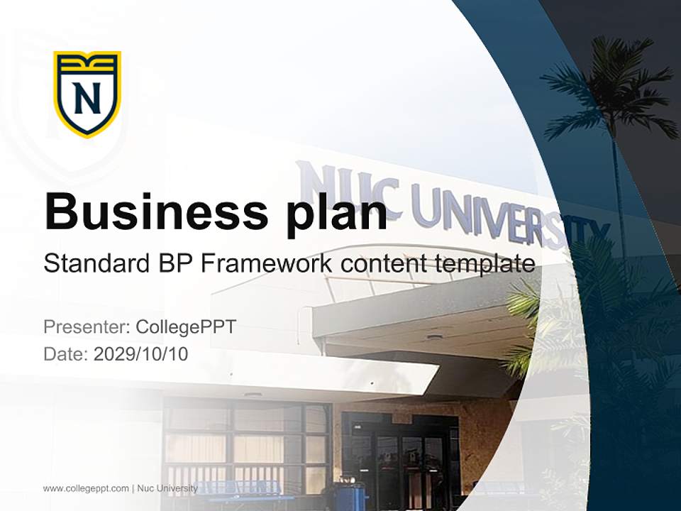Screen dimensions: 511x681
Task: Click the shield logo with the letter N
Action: coord(87,94)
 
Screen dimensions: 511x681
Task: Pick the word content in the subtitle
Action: coord(383,264)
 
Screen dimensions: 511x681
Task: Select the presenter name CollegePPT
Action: coord(185,327)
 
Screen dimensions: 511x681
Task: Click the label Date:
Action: coord(66,353)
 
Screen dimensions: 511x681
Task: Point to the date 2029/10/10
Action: coord(141,353)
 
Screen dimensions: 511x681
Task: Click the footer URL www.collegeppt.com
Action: coord(86,488)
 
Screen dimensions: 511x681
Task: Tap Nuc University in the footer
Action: coord(167,488)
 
